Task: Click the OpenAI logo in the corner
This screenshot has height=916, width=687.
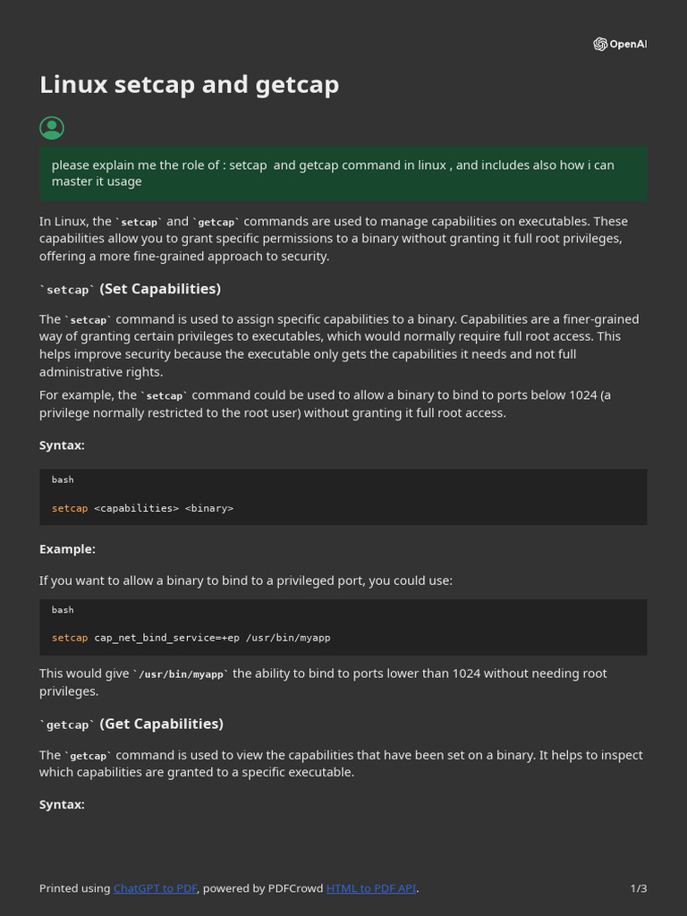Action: (619, 45)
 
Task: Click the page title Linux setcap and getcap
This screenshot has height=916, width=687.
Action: (189, 85)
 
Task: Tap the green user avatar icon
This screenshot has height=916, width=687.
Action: (52, 128)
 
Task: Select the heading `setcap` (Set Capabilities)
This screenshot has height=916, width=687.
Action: (131, 289)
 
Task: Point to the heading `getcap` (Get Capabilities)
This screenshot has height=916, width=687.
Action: (131, 724)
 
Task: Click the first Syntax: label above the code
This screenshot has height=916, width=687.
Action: (62, 445)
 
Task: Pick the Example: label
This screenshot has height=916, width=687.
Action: (67, 549)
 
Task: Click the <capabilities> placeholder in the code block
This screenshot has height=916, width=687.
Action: (136, 508)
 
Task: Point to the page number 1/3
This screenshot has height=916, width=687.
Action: (638, 888)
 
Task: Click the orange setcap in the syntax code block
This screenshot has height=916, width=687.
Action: (70, 508)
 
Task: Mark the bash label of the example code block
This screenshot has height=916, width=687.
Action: (63, 610)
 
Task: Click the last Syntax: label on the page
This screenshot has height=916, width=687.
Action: (62, 805)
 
